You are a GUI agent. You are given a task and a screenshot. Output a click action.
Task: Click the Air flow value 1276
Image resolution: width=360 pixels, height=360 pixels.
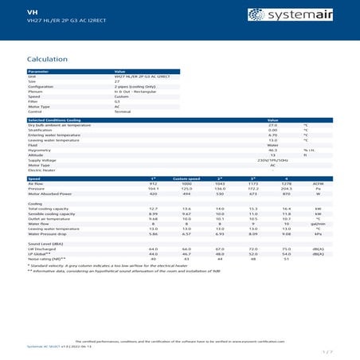288,183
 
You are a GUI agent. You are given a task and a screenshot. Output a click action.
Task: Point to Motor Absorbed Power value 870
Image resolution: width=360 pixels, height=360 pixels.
288,194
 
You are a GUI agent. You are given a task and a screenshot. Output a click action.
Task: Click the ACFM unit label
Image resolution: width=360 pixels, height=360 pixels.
317,183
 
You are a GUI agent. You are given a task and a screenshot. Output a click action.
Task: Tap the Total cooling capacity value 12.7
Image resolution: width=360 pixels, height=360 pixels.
153,209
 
